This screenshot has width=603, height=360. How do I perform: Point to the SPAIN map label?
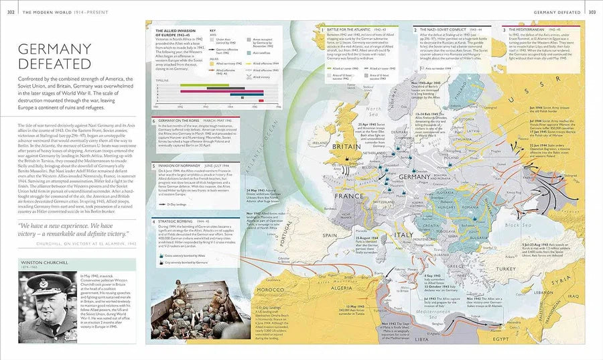(329, 235)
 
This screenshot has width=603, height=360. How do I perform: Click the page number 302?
(11, 11)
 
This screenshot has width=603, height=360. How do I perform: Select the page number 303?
(592, 11)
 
